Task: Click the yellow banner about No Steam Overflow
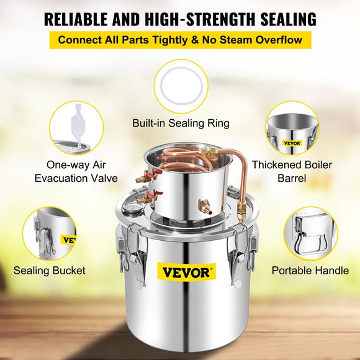tap(180, 41)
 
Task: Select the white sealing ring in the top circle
tap(181, 87)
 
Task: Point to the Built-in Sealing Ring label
tap(181, 123)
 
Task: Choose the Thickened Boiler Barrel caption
tap(301, 171)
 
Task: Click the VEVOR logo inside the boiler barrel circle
tap(291, 143)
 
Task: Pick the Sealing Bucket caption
tap(50, 271)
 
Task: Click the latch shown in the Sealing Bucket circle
tap(45, 238)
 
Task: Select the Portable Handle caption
tap(310, 271)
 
